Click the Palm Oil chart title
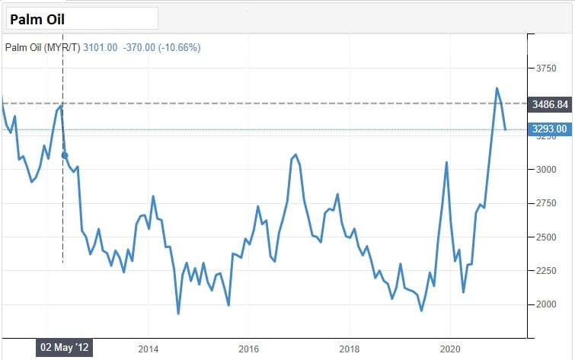37,18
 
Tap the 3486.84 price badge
548,104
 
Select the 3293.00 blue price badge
548,129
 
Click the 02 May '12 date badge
65,348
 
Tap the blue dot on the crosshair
64,155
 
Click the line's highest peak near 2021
497,88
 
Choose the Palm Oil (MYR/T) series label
42,47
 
